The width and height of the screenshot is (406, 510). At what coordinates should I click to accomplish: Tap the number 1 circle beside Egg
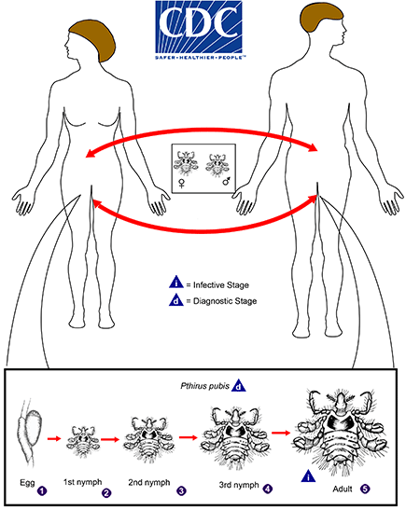pyautogui.click(x=42, y=485)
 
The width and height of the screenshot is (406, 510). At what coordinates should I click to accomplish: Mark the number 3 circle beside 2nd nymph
pyautogui.click(x=180, y=486)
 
